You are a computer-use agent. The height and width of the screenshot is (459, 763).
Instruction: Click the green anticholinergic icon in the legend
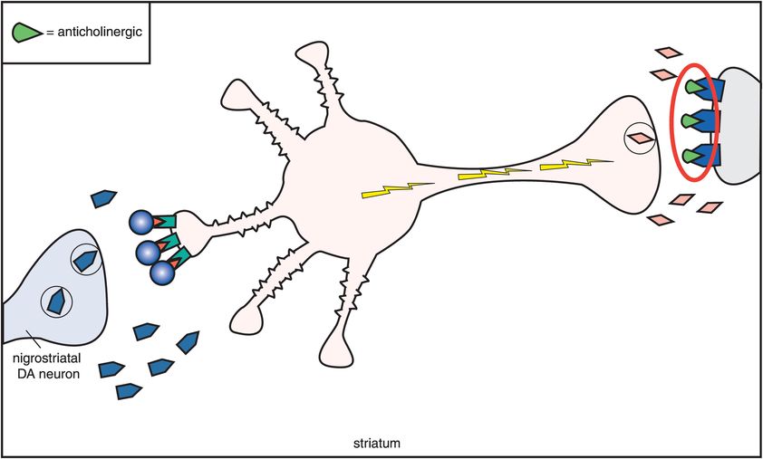pos(27,33)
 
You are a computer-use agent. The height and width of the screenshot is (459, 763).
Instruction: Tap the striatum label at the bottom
pos(377,444)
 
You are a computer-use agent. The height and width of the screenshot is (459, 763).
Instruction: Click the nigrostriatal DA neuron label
pos(47,367)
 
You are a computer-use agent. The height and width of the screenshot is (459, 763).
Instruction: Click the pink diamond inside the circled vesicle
pos(640,139)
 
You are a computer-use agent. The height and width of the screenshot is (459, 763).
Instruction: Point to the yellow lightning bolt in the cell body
pos(398,190)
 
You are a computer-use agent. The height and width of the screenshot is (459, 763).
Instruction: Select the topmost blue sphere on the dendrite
pos(141,223)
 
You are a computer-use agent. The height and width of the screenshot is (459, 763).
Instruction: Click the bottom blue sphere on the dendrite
pos(162,273)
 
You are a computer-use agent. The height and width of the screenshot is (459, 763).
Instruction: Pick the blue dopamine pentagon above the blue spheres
pos(103,198)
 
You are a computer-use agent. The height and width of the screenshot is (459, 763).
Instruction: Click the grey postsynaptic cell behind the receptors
pos(739,126)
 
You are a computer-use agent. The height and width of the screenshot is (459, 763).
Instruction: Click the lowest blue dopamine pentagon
pos(129,391)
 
